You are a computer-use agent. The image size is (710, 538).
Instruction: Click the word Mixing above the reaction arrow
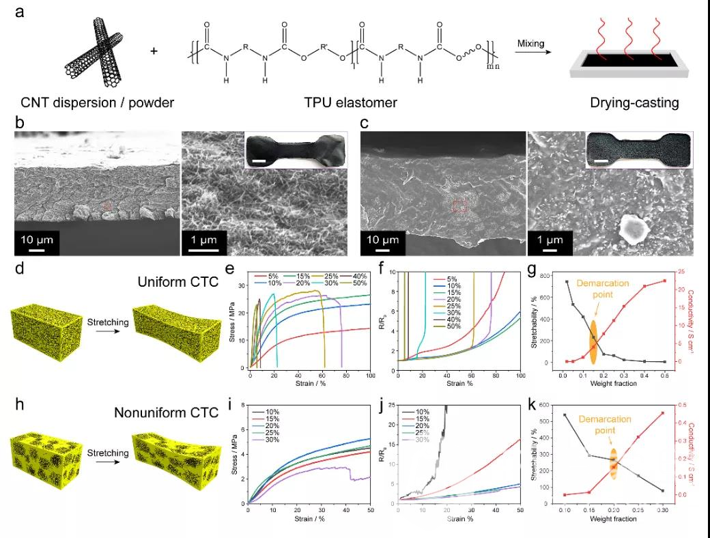530,44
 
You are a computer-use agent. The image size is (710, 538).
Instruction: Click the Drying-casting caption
635,103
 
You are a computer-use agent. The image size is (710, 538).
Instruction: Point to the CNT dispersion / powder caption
88,103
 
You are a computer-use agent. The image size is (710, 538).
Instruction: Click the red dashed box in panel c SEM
460,206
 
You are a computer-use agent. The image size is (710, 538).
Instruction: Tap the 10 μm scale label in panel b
37,239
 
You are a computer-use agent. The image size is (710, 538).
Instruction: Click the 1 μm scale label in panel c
550,240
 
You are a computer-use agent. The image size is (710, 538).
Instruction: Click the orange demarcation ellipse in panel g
593,341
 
